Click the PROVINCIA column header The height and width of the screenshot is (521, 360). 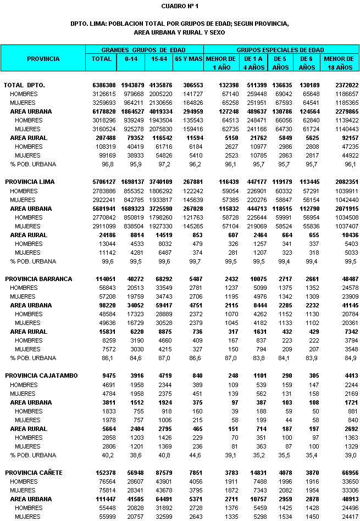43,59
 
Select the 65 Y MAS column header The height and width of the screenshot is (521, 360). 188,59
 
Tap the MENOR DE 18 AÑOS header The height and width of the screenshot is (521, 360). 338,63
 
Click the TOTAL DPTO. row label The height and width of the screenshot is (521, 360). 25,85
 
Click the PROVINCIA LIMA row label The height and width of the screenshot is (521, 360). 37,182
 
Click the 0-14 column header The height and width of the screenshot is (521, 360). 131,59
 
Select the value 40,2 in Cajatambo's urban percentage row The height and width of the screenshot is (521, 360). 108,455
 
